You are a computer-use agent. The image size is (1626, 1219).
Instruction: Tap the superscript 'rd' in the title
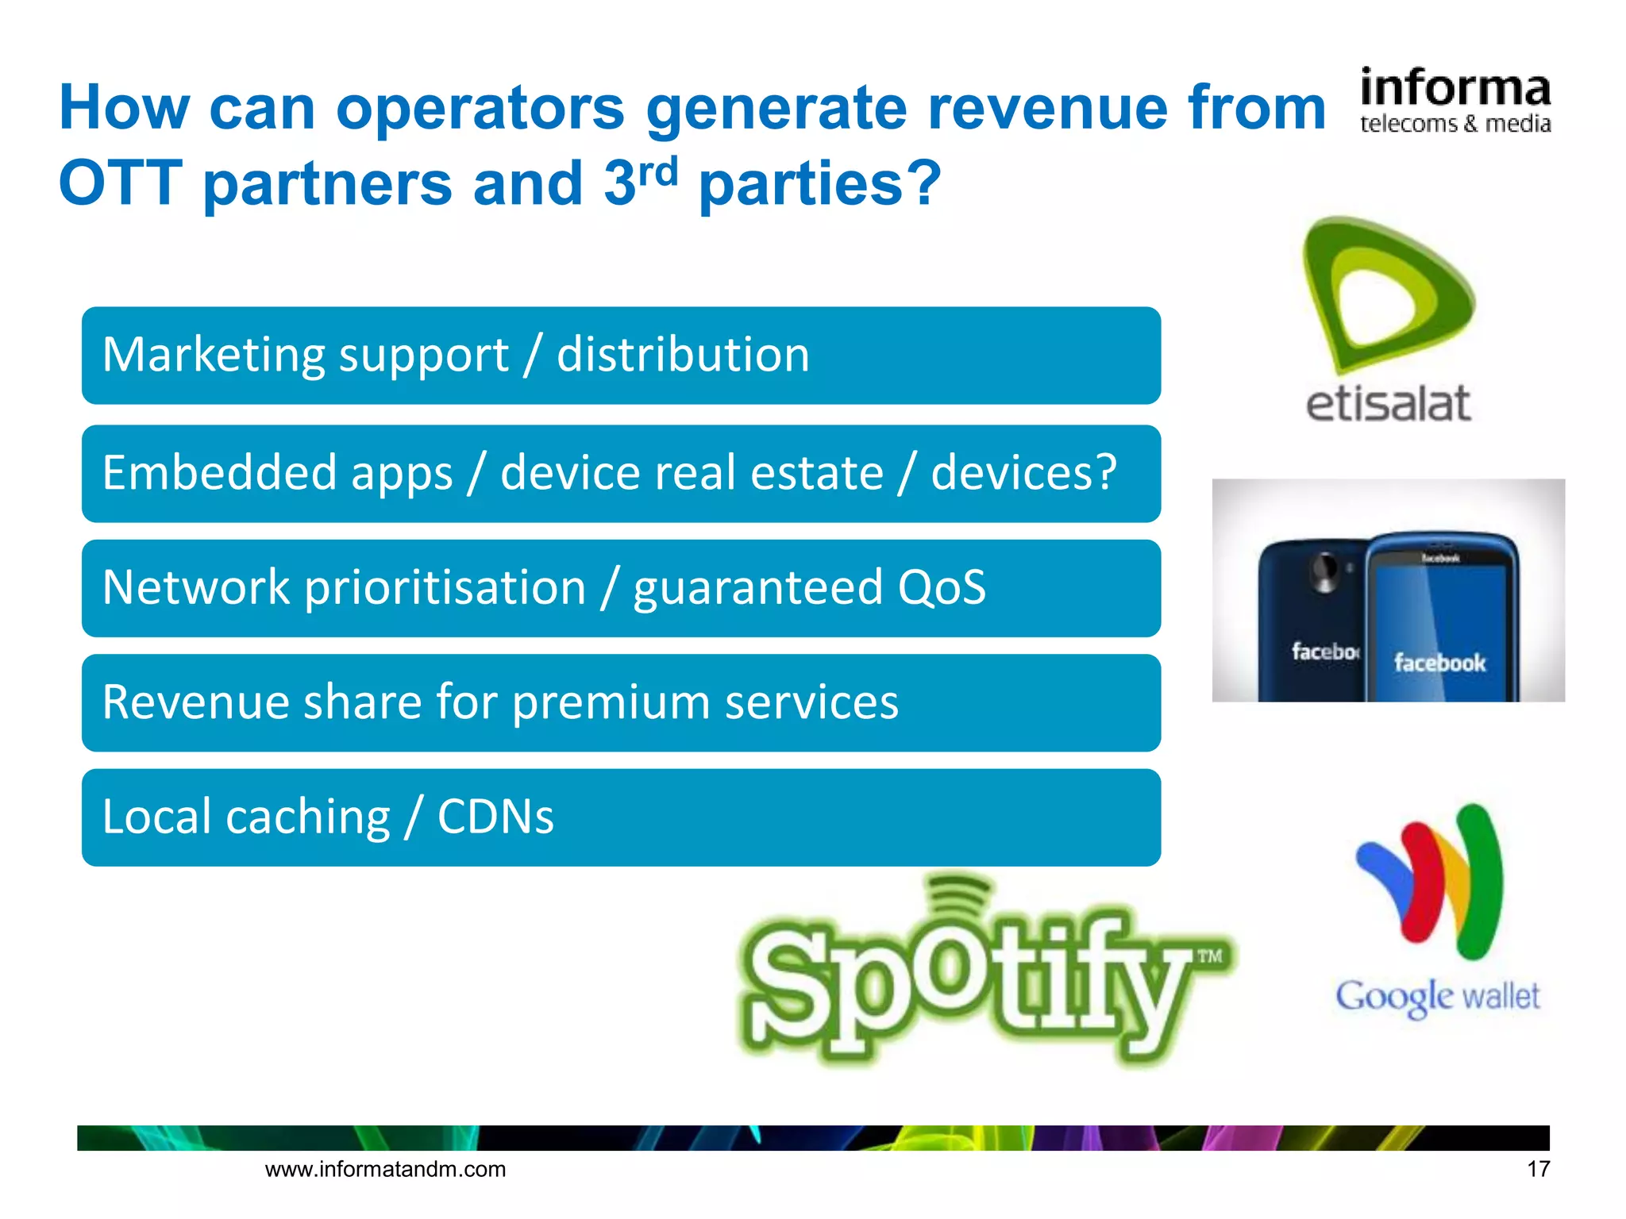click(658, 171)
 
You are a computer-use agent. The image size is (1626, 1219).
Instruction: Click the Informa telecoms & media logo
click(1455, 101)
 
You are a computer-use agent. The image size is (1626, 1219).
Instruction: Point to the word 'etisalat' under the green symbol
click(1388, 404)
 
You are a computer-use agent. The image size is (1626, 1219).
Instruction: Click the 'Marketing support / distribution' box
click(621, 356)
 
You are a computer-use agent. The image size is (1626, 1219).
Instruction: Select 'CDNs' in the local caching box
click(495, 817)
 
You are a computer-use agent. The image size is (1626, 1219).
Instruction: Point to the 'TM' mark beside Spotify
click(1209, 956)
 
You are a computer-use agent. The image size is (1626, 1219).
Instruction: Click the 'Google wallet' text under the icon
click(1437, 997)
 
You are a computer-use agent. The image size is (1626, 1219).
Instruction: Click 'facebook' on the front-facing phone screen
click(1439, 662)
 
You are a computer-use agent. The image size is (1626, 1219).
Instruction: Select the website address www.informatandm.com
click(385, 1169)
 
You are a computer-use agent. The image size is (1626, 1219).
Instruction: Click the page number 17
click(1538, 1169)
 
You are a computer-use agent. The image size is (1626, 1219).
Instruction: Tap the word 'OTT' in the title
click(120, 183)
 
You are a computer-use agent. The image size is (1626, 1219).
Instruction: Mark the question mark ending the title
click(923, 183)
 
